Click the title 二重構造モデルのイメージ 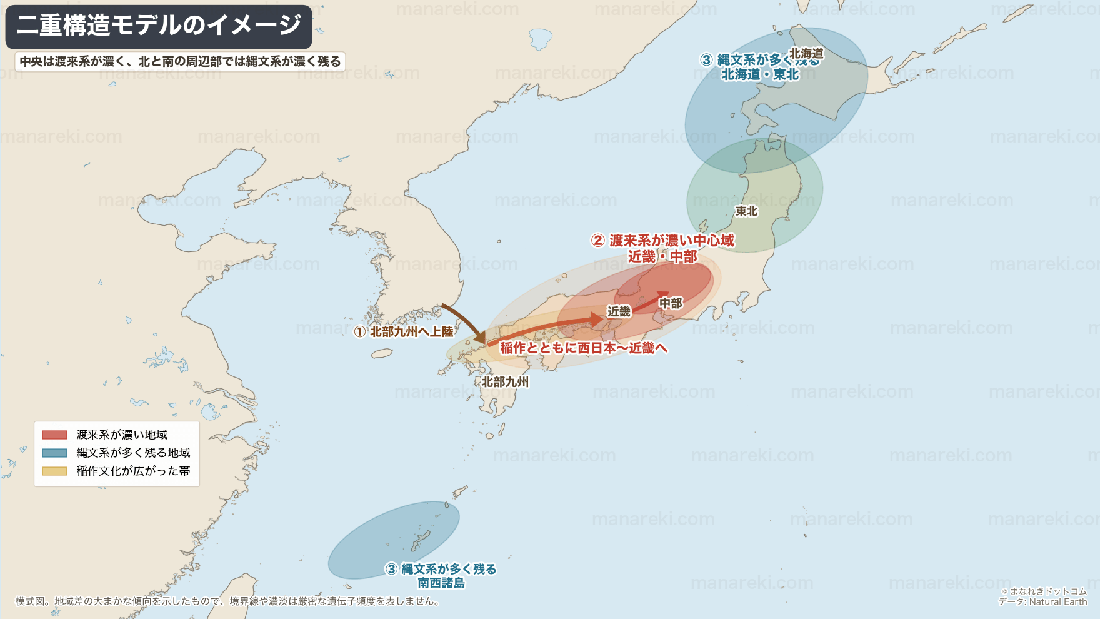159,26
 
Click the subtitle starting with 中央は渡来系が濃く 180,61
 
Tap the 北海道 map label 806,54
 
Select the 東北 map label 746,211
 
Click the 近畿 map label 619,311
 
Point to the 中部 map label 671,303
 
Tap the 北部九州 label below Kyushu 505,381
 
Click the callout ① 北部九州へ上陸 404,332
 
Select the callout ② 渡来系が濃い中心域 662,241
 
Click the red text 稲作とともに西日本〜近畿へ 583,348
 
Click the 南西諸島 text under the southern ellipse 441,583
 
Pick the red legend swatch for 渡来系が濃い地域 54,435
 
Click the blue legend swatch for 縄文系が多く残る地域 54,453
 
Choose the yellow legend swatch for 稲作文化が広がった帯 54,471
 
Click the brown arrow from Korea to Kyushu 466,320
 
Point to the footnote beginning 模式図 228,601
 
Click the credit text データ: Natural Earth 1042,602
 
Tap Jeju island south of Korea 382,354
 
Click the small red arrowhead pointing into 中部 663,294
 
